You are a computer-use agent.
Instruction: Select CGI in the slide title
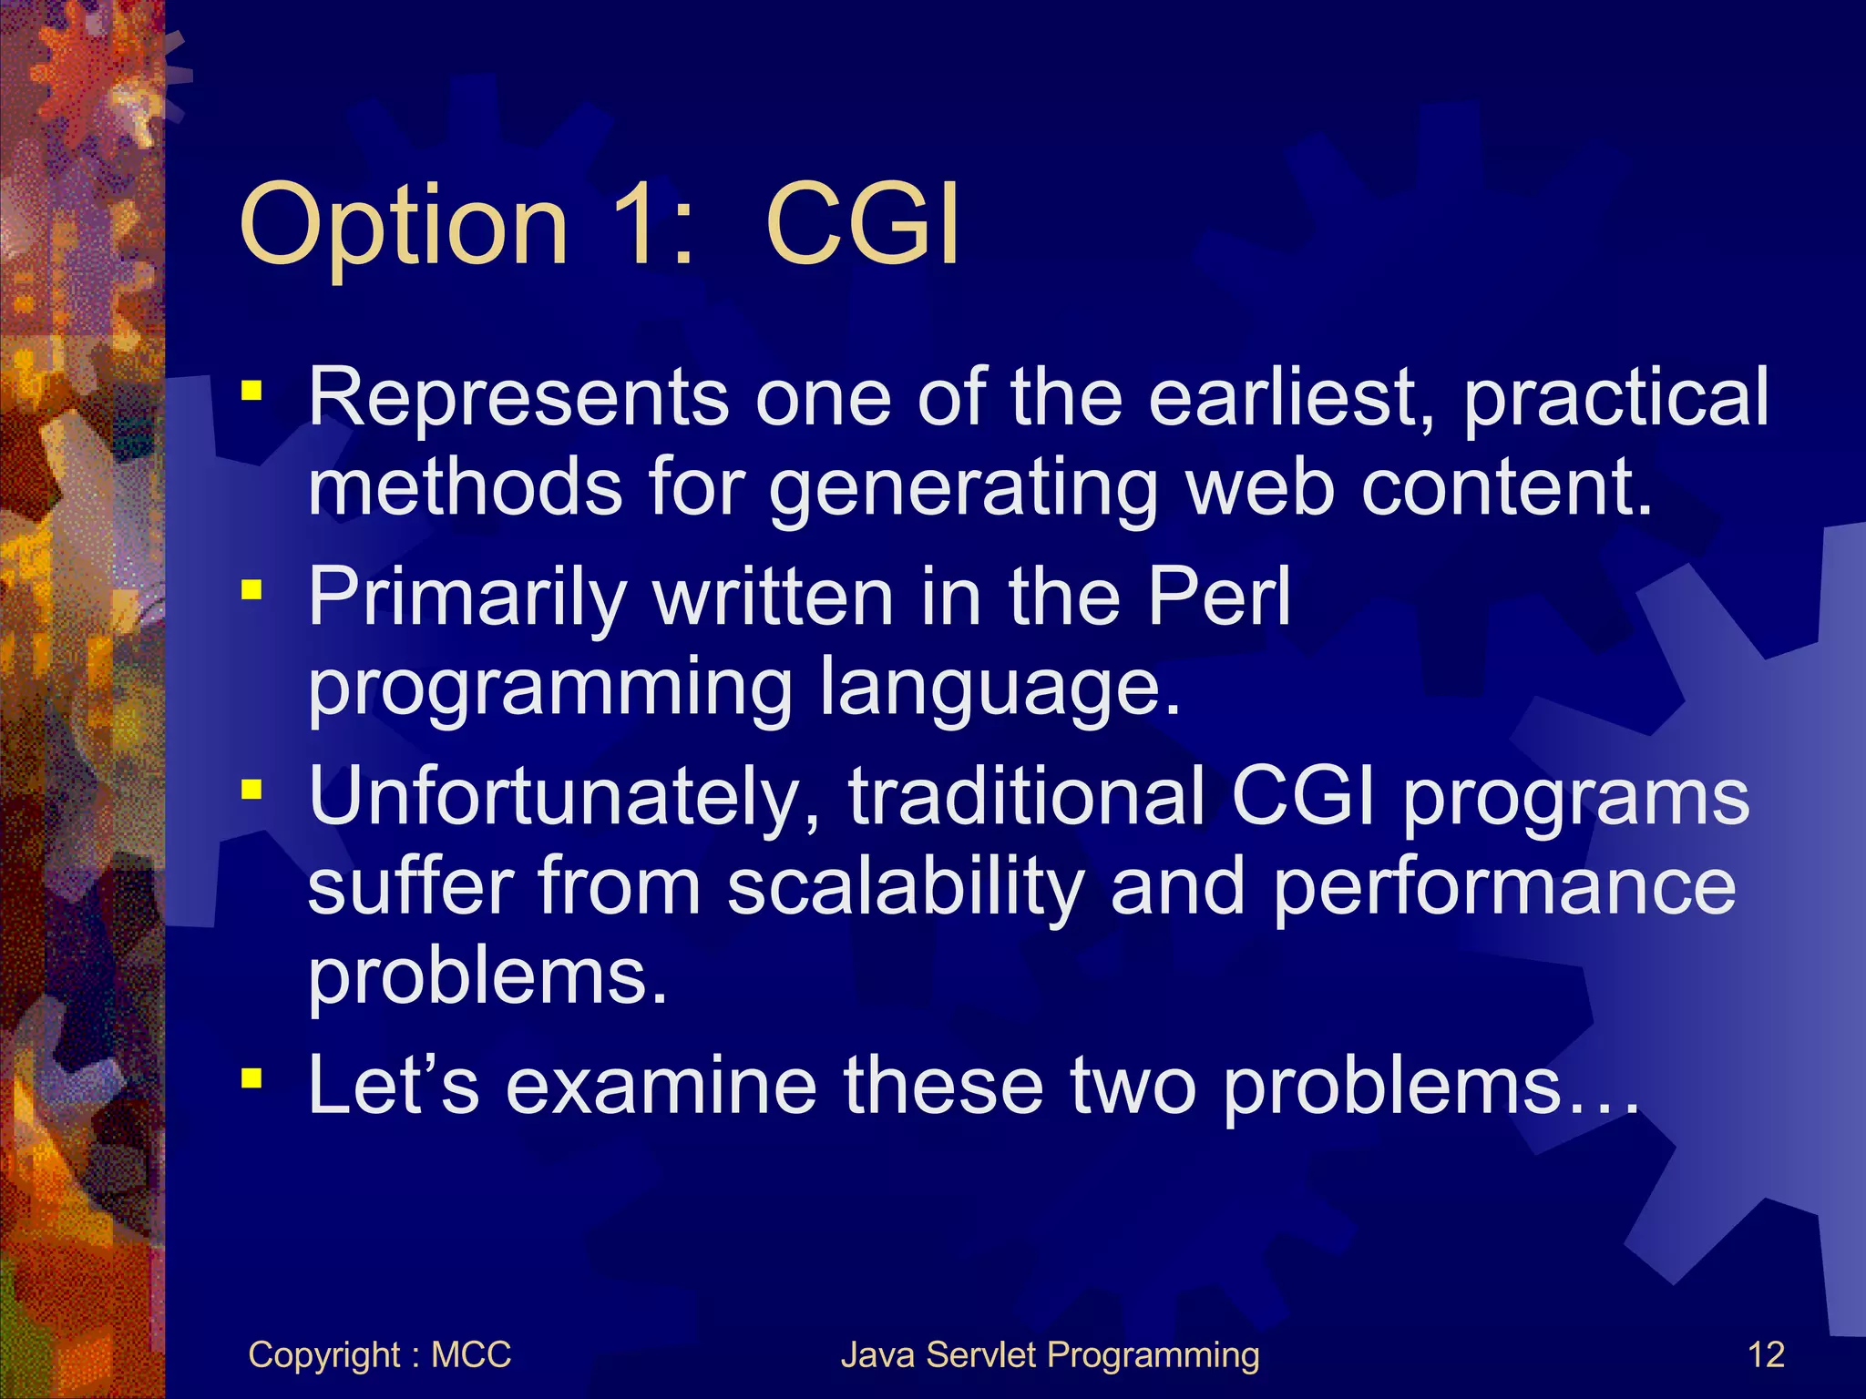coord(861,224)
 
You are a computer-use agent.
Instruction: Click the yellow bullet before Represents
coord(251,393)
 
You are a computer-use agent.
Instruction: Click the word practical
coord(1615,397)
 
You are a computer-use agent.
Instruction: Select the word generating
coord(963,488)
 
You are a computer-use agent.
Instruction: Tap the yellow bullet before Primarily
coord(251,592)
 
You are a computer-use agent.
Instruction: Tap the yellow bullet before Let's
coord(251,1079)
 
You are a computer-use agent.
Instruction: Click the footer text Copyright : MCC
coord(379,1354)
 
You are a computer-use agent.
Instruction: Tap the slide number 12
coord(1766,1354)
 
